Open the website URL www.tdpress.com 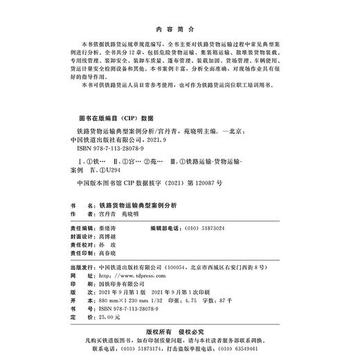tap(125, 273)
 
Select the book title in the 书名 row tap(138, 206)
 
